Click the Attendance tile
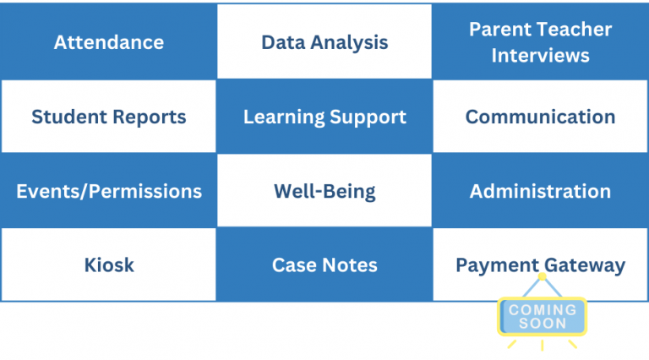(x=108, y=41)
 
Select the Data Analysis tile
(x=324, y=41)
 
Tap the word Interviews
(x=540, y=56)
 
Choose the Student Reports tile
(x=108, y=117)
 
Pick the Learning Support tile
(x=324, y=117)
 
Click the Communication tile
(x=540, y=117)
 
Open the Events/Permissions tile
(x=108, y=191)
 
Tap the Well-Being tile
(x=324, y=191)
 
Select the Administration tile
(x=540, y=191)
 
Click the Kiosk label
(x=109, y=265)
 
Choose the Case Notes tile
(x=324, y=265)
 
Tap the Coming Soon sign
(x=543, y=317)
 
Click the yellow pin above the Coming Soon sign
(x=543, y=276)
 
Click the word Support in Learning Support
(x=368, y=117)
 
